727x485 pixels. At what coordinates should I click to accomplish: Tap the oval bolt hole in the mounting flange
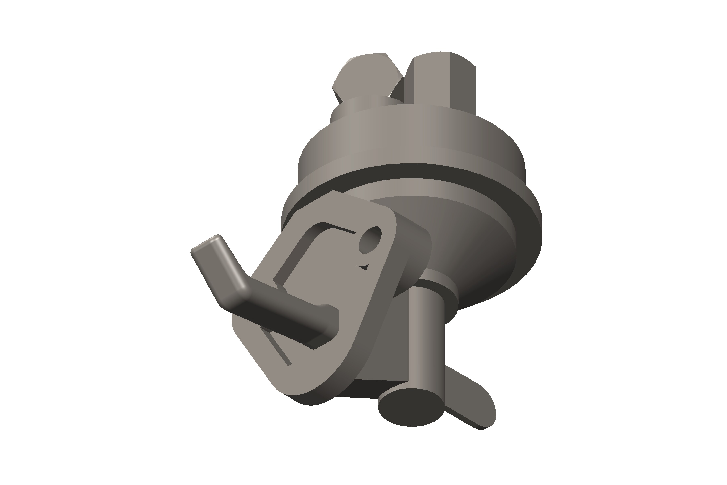(370, 240)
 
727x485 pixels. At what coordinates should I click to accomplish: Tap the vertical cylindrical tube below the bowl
(427, 340)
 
